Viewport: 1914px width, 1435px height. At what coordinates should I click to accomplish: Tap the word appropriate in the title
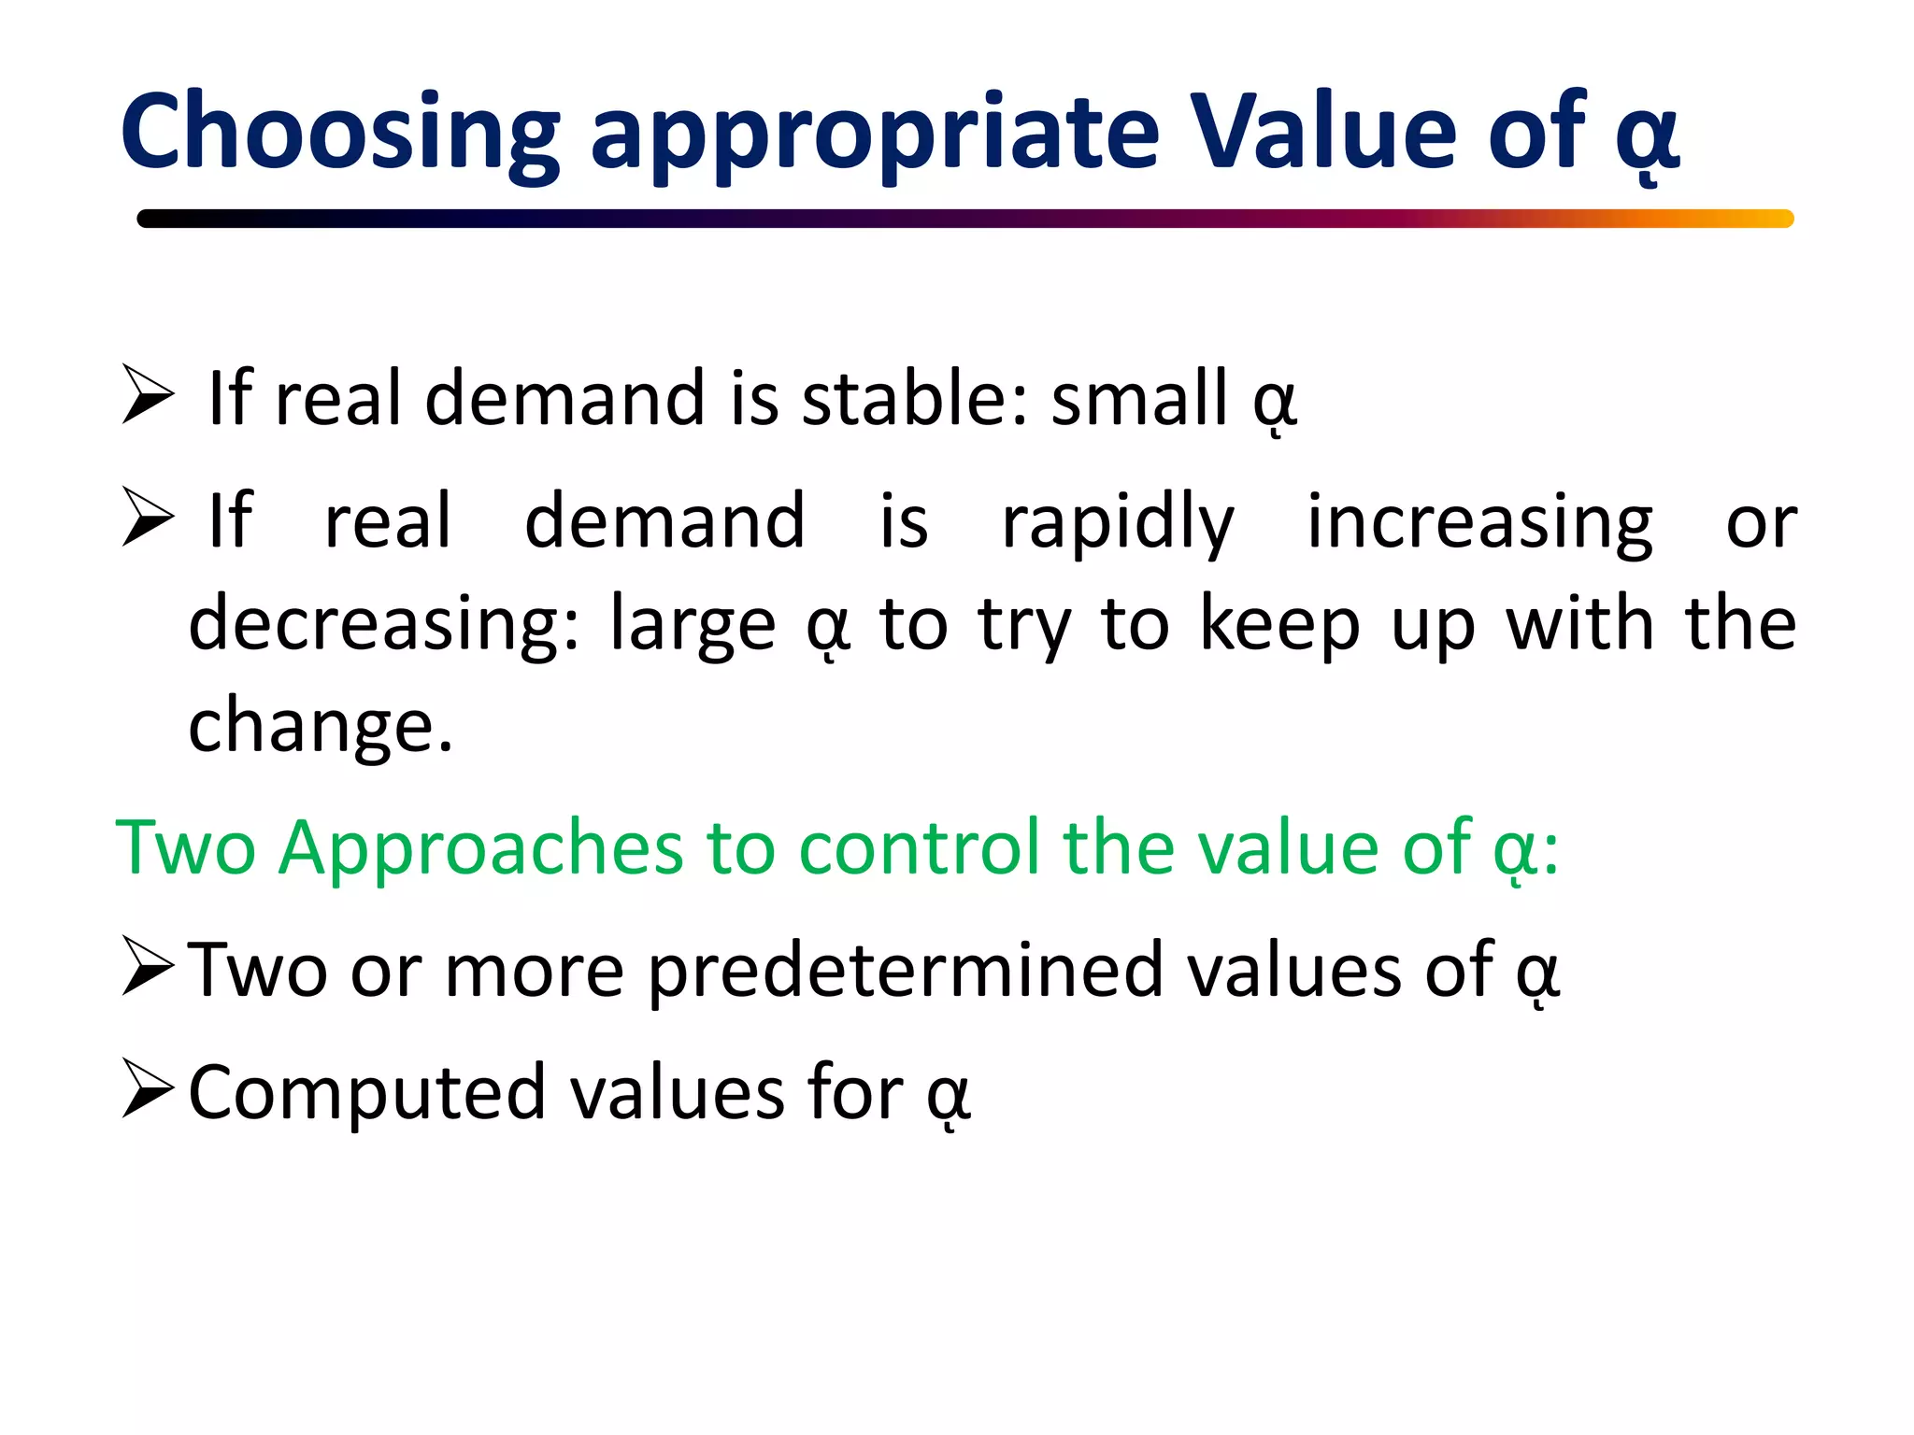click(875, 133)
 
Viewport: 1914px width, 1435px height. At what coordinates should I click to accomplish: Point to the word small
click(1139, 398)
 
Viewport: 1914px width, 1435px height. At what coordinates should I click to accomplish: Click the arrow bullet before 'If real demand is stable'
click(148, 395)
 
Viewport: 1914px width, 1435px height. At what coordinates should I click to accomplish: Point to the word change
click(321, 726)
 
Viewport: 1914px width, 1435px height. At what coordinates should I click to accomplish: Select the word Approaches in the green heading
click(480, 847)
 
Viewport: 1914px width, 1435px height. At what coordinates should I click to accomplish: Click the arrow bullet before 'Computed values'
click(148, 1090)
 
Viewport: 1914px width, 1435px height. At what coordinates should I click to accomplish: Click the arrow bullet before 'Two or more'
click(148, 969)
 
